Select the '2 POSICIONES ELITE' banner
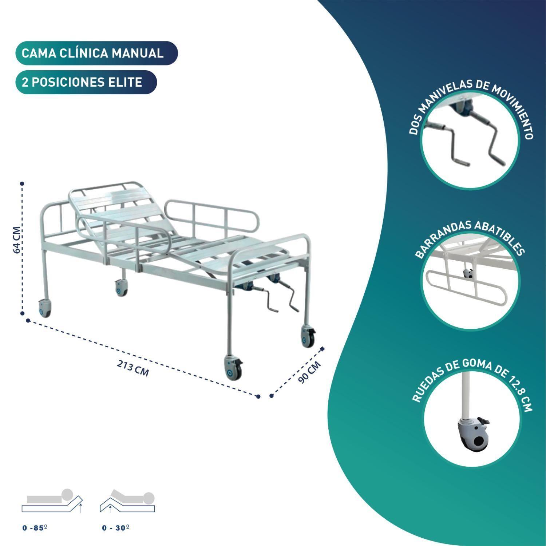(x=86, y=82)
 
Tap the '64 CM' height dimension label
(x=17, y=240)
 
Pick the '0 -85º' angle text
(x=35, y=528)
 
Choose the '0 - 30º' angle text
(x=116, y=528)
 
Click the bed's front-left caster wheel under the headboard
(x=45, y=308)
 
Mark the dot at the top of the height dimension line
(x=22, y=184)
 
